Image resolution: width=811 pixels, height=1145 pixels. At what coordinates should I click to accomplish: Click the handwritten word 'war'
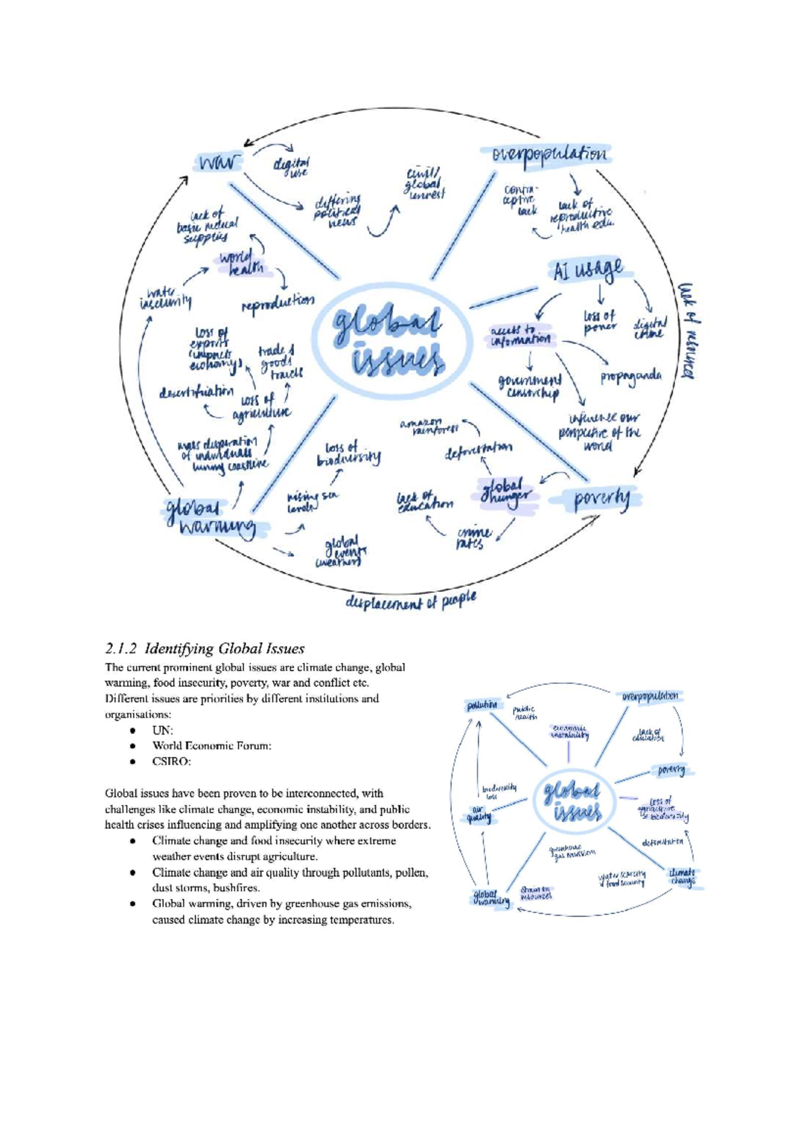pos(218,162)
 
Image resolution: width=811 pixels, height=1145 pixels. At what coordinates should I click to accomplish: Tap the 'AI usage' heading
pos(588,270)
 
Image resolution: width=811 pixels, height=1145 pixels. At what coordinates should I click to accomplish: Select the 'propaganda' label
pos(631,376)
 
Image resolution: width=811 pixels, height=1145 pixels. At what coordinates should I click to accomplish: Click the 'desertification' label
pos(196,392)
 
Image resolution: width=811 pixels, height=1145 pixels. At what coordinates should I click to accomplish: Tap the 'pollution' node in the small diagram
pos(483,706)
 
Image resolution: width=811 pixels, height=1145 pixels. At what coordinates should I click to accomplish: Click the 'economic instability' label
pos(570,732)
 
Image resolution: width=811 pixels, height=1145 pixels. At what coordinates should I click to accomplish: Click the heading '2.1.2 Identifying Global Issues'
pos(205,649)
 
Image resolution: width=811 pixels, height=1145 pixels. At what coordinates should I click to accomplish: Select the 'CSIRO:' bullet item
pos(172,762)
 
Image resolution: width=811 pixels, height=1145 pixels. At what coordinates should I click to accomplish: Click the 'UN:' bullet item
pos(163,730)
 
